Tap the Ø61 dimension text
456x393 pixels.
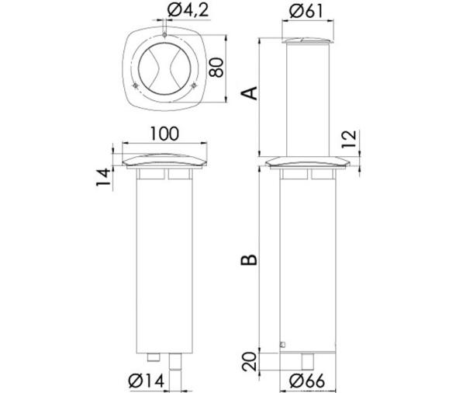(x=309, y=14)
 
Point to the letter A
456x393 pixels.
(x=249, y=94)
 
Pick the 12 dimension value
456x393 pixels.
(x=351, y=139)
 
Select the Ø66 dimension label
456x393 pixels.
(x=309, y=380)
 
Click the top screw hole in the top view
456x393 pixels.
(x=166, y=33)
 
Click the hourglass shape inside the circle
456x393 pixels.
(x=166, y=68)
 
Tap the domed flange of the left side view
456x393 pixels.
(x=164, y=162)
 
